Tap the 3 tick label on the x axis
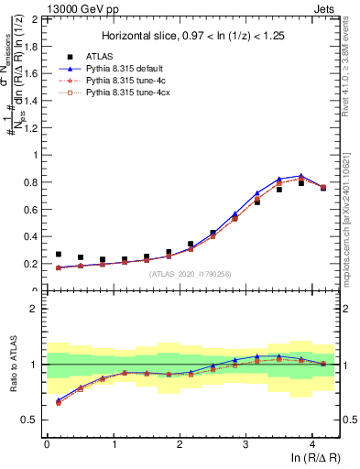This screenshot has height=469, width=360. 245,444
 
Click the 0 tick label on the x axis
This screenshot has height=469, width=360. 47,444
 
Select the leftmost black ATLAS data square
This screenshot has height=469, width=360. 59,255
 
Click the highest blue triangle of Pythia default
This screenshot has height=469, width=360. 301,175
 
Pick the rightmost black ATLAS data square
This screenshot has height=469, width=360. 323,188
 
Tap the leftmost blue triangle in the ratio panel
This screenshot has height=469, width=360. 59,400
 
